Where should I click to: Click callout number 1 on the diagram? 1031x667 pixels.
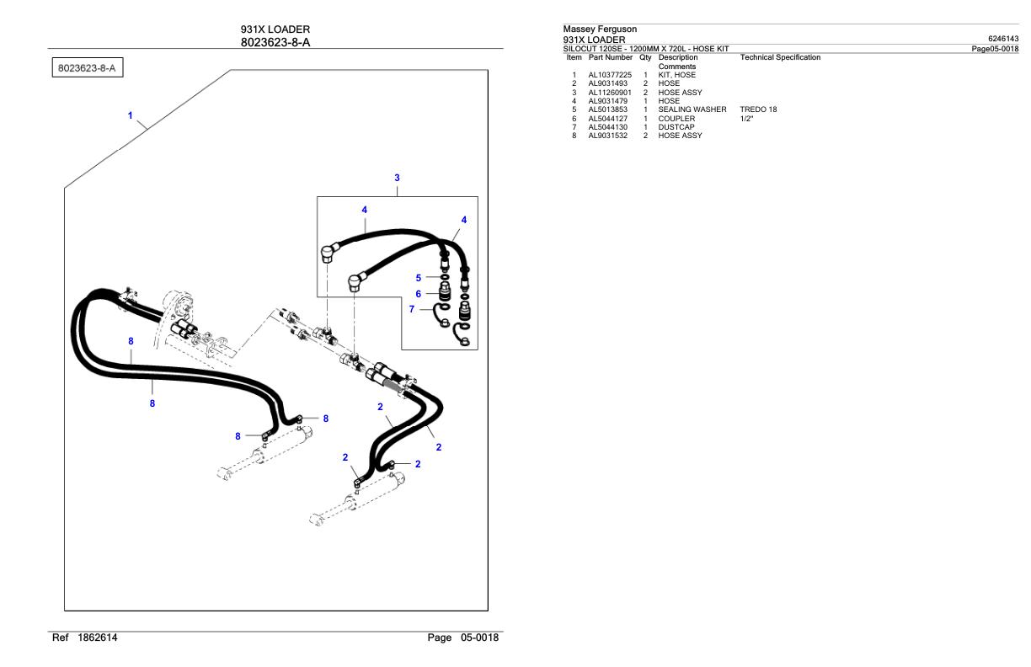(x=130, y=115)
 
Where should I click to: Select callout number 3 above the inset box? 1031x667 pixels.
(x=397, y=178)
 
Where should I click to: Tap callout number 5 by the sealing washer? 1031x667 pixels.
(x=419, y=277)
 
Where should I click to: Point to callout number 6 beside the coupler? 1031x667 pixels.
(x=419, y=293)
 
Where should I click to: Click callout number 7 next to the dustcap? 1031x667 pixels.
(x=412, y=309)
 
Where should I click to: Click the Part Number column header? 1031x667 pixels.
(x=610, y=57)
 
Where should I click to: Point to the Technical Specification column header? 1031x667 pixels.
(x=779, y=57)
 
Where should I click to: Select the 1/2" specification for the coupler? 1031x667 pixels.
(x=747, y=119)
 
